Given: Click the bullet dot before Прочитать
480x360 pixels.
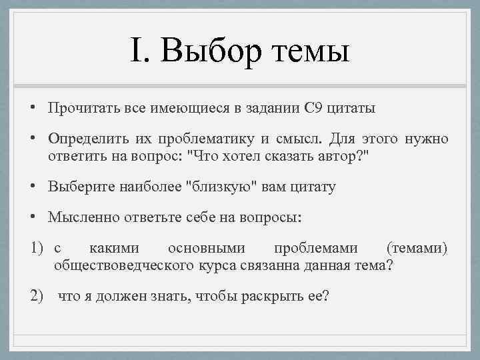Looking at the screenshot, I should coord(32,108).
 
